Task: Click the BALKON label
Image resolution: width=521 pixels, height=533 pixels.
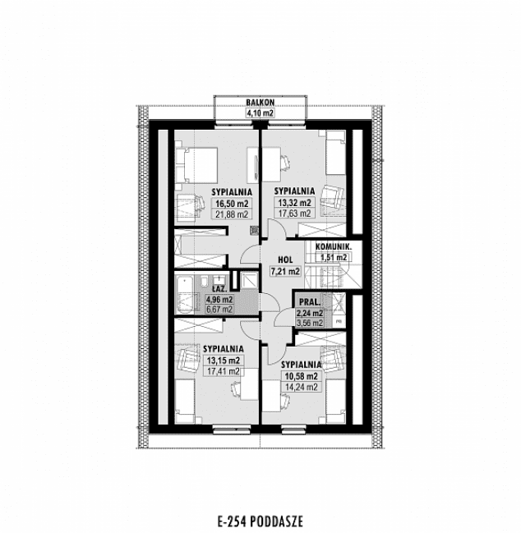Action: pos(260,102)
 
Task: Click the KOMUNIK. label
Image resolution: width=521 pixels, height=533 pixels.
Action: pos(334,246)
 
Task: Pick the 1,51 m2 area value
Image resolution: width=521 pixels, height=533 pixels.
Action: pos(334,257)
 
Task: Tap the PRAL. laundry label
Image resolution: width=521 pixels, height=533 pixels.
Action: pos(311,301)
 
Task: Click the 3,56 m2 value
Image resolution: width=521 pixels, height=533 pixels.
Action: pos(311,323)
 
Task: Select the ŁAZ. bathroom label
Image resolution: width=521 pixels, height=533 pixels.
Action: pos(220,289)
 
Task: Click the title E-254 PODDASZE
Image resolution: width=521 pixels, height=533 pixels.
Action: pos(260,519)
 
